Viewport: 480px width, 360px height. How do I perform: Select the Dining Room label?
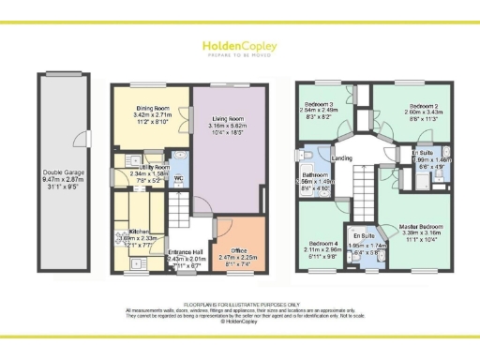150,109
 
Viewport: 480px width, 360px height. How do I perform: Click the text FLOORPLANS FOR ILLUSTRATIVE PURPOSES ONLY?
239,305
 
